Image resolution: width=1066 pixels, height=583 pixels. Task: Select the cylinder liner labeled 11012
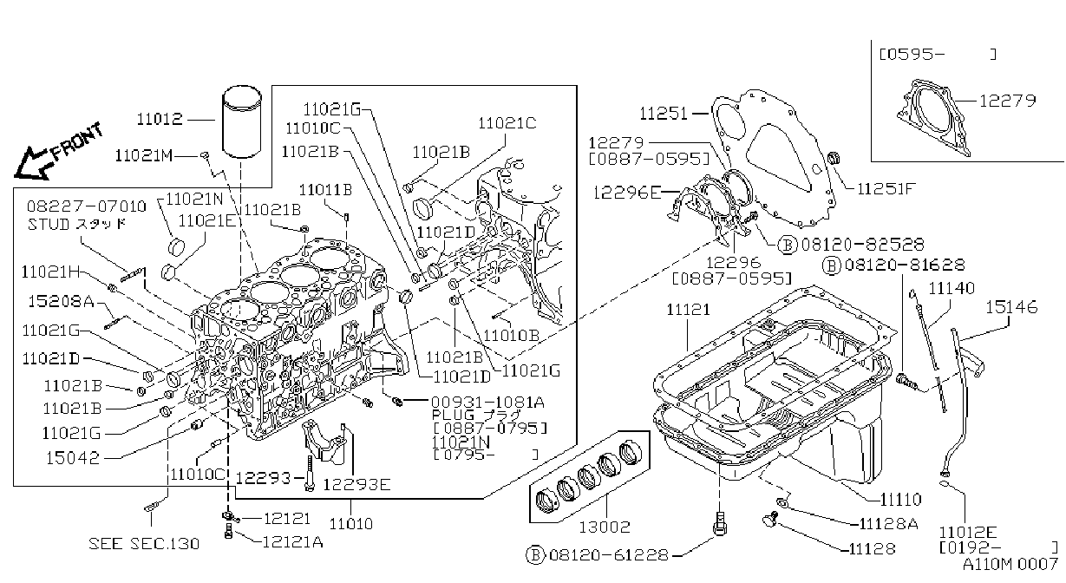click(242, 121)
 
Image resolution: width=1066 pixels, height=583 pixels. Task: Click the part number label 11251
click(664, 114)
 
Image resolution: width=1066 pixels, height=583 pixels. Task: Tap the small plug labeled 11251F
click(834, 158)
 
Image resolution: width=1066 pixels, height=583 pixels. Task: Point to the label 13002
click(605, 527)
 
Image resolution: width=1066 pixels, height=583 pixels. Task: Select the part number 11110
click(901, 499)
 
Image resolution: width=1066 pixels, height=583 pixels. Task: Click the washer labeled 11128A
click(782, 502)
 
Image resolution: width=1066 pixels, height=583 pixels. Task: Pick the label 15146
click(1011, 307)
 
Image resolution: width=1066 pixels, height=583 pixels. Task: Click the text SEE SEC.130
click(144, 543)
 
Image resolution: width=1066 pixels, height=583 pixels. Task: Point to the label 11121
click(688, 310)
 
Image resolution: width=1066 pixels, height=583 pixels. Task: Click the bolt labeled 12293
click(310, 474)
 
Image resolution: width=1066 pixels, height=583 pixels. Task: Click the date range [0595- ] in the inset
click(938, 55)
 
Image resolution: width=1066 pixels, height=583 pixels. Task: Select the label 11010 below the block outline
click(351, 523)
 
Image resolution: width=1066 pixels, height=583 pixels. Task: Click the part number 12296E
click(627, 193)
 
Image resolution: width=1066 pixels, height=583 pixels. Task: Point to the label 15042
click(73, 458)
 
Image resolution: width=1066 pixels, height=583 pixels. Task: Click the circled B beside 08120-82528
click(787, 246)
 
